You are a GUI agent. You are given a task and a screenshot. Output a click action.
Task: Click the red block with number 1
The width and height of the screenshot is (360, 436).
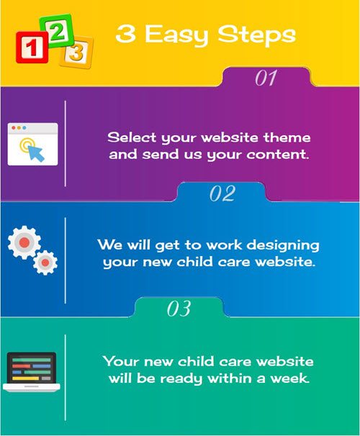32,47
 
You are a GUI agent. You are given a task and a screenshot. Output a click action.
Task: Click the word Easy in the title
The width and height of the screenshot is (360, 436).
176,35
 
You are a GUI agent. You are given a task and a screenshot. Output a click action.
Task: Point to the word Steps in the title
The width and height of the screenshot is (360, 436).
256,35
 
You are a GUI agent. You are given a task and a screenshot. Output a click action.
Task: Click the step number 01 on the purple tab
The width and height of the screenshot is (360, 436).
266,78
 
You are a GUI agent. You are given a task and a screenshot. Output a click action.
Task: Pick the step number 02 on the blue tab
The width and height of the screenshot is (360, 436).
222,194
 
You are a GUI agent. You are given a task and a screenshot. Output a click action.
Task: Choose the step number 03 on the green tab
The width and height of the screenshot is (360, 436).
179,309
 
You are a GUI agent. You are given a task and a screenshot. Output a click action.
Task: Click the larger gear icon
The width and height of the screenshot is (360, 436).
24,242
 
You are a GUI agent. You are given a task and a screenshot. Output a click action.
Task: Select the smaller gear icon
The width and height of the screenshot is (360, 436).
45,263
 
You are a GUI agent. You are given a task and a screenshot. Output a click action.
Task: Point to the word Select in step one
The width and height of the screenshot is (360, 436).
132,137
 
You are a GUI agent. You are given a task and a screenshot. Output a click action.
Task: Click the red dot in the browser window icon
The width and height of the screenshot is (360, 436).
14,127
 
